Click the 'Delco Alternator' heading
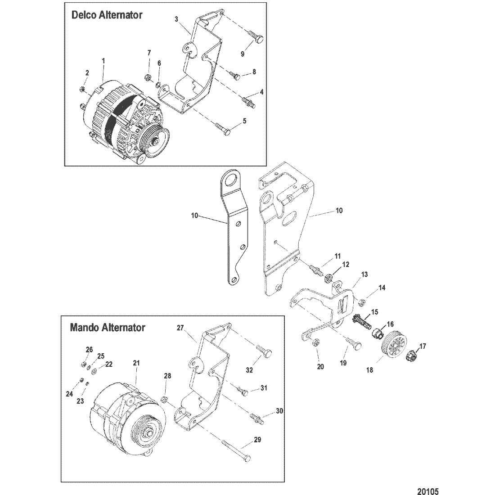107,15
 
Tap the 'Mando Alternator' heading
108,328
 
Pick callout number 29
257,440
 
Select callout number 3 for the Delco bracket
176,19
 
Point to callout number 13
364,274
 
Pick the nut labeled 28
165,400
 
